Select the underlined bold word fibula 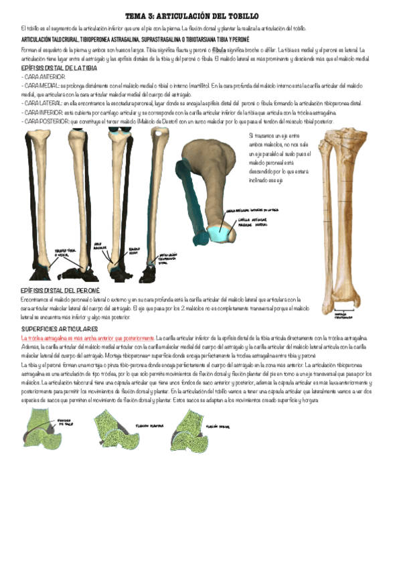tap(220, 50)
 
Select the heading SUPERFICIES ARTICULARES tap(60, 330)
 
